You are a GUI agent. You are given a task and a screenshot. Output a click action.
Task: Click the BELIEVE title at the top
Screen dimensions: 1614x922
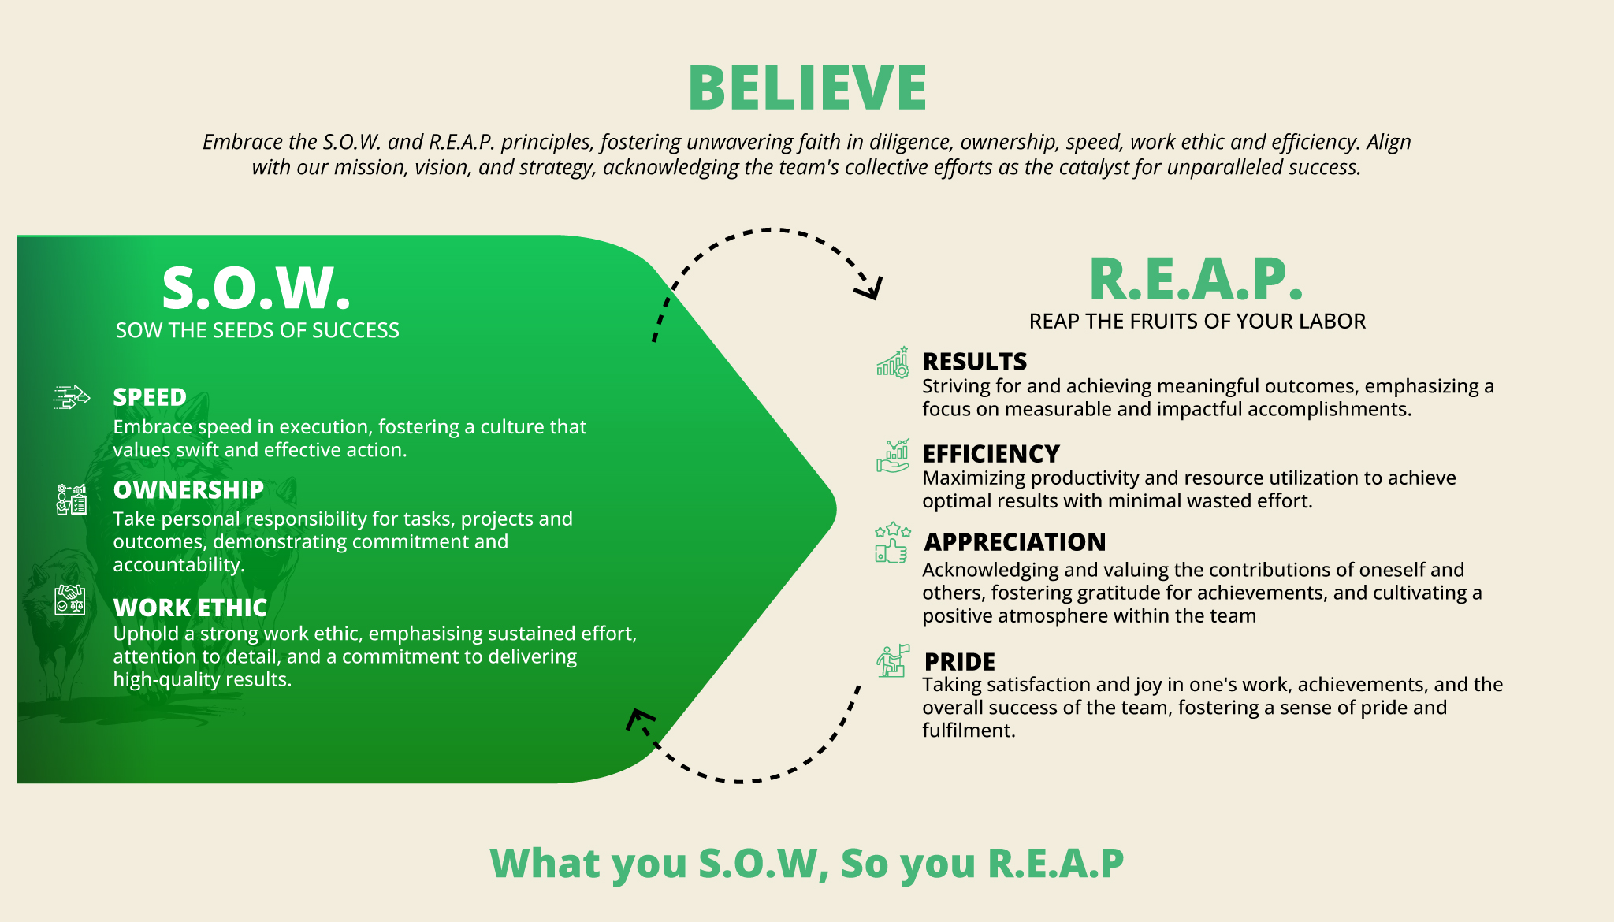coord(807,87)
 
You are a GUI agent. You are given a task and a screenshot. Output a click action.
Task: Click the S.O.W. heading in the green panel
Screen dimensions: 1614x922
coord(256,288)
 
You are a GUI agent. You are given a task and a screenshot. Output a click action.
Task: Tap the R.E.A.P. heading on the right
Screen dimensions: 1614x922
coord(1196,279)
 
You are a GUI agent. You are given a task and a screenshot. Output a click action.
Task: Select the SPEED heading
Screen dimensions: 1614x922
coord(150,397)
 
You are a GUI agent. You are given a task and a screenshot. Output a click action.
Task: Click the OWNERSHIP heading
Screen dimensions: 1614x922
coord(188,489)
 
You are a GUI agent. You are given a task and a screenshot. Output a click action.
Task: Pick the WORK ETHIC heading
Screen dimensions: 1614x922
coord(190,608)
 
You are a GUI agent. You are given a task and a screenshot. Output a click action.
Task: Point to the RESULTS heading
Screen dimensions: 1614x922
coord(975,362)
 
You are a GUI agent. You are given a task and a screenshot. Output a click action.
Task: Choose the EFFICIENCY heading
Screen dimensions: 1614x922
coord(991,454)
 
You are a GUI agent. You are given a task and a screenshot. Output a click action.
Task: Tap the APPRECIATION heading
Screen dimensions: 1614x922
coord(1015,542)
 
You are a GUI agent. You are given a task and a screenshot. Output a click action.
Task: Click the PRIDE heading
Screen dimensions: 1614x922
coord(960,662)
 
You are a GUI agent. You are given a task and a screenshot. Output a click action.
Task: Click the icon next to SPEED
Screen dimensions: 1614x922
coord(71,397)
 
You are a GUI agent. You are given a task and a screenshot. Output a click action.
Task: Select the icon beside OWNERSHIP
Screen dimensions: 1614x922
coord(72,500)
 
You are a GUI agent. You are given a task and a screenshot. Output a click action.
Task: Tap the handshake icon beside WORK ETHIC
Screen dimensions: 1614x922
coord(70,600)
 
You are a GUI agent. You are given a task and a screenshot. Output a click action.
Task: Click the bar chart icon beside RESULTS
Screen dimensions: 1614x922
coord(893,362)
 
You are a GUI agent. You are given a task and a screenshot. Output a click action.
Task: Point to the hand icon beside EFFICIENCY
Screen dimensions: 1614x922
coord(893,455)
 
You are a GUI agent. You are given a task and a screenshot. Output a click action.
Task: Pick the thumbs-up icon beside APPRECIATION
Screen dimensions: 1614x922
coord(892,543)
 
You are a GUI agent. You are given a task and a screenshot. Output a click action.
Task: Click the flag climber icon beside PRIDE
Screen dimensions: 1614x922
coord(893,660)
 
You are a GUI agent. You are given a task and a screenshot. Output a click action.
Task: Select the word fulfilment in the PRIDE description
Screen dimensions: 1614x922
coord(969,731)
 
